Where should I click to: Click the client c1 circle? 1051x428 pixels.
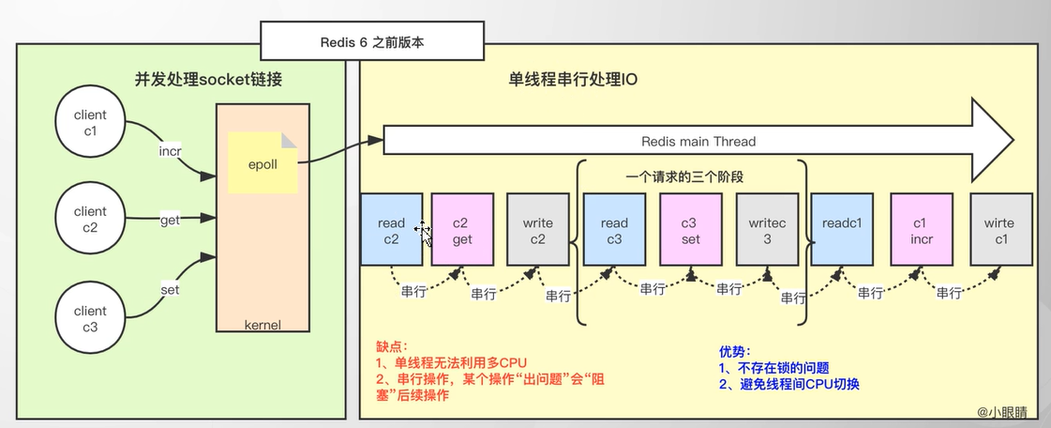coord(91,123)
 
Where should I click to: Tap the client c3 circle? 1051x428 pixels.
coord(91,318)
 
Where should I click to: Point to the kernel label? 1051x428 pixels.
coord(263,325)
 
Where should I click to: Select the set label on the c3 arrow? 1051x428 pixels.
coord(170,291)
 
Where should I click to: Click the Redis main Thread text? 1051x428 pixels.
coord(698,142)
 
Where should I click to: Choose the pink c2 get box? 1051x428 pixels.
coord(461,230)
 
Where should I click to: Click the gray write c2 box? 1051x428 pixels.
coord(537,230)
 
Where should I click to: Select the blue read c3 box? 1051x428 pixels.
coord(614,230)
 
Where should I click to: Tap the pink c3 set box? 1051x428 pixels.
coord(691,230)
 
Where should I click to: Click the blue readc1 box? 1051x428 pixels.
coord(842,230)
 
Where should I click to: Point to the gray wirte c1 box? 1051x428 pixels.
coord(1000,230)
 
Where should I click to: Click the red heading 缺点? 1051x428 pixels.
coord(391,345)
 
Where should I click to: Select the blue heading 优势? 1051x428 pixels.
coord(736,352)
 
